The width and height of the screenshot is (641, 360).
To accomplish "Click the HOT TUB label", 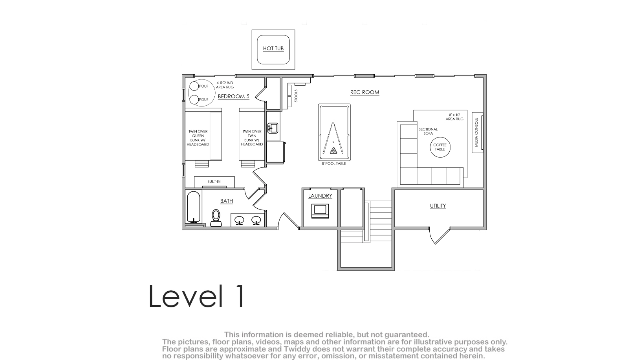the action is (x=273, y=48).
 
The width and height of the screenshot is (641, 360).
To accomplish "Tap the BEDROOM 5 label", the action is (x=234, y=96).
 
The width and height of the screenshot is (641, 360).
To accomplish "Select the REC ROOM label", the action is (x=364, y=92).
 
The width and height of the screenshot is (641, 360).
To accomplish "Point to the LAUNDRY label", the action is (x=320, y=196).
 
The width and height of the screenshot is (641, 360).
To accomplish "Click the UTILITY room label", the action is (x=438, y=206).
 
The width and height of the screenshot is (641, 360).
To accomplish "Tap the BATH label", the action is (x=226, y=201).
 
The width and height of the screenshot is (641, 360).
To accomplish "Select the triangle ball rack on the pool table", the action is (x=333, y=151).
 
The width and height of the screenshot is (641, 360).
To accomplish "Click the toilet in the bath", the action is (x=216, y=218).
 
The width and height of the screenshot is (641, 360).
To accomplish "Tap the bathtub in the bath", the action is (x=194, y=207).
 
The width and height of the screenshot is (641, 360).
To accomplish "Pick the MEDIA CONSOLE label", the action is (x=476, y=132).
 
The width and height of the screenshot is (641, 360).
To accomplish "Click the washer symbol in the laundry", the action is (x=320, y=211).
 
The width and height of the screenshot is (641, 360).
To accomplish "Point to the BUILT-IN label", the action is (x=214, y=182).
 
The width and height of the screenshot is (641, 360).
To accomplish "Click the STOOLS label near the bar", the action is (x=296, y=96).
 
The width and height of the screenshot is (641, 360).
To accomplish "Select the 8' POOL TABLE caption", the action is (x=334, y=163).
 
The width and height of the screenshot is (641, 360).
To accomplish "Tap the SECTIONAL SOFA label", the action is (x=428, y=131).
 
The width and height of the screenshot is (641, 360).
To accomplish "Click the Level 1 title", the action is (x=196, y=296).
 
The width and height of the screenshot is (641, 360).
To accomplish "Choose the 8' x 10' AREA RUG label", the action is (x=454, y=117).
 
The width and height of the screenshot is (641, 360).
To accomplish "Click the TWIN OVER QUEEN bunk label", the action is (x=198, y=138).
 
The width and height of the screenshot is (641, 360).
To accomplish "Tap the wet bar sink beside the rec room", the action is (x=273, y=128).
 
